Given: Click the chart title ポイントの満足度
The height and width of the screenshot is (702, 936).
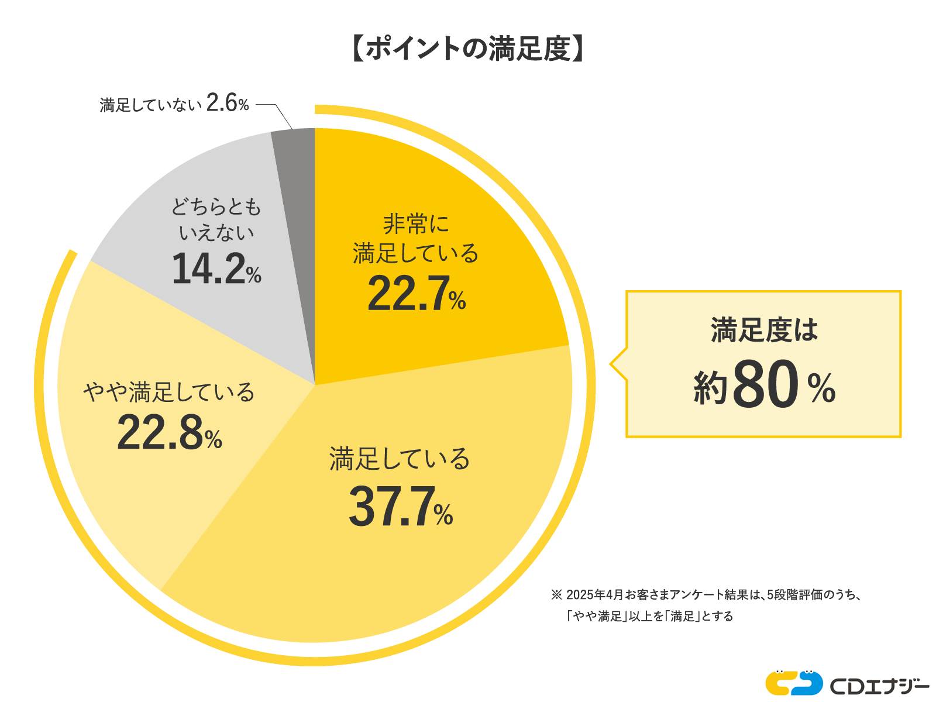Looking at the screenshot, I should tap(468, 49).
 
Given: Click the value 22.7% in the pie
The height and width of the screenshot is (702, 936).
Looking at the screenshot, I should tap(416, 293).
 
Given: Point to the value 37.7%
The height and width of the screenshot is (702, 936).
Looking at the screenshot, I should tap(400, 507).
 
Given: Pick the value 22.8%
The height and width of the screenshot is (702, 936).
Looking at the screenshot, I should tap(169, 433).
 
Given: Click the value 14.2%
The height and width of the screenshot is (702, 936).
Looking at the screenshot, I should tap(216, 269).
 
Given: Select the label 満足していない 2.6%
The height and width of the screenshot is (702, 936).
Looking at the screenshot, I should tap(174, 104).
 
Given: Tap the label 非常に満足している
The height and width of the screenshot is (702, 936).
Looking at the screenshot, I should tap(416, 239).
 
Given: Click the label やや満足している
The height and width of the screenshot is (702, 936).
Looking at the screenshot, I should tap(169, 392).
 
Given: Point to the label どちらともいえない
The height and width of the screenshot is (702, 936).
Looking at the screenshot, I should tap(216, 219).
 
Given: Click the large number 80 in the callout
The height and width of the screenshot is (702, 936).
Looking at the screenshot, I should tap(765, 384).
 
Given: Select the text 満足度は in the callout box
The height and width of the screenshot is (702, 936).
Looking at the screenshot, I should tap(764, 330).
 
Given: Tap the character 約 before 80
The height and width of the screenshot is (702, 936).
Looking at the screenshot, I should tap(710, 388).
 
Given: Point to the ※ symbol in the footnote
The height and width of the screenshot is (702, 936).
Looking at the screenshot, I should tap(556, 595).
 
